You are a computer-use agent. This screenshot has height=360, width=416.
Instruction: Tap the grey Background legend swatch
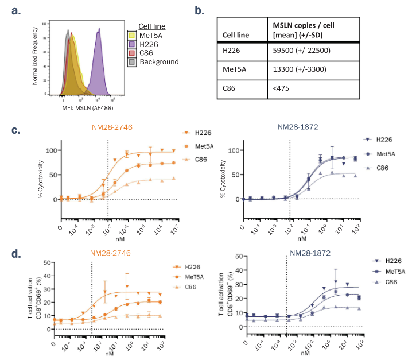pyautogui.click(x=131, y=62)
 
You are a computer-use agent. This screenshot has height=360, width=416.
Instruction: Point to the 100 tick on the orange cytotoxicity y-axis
pyautogui.click(x=52, y=150)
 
